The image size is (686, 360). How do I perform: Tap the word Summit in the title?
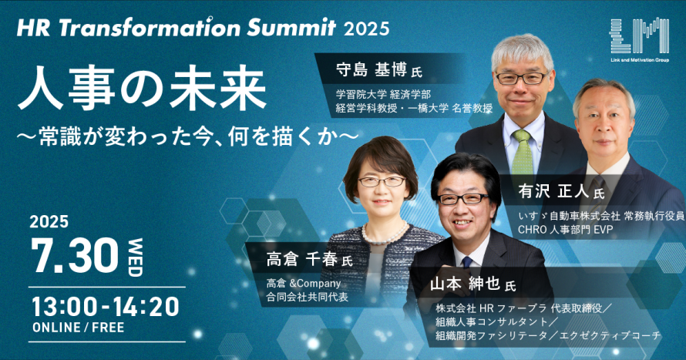(x=291, y=29)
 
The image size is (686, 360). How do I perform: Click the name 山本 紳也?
(x=466, y=284)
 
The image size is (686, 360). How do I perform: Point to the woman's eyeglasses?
(x=381, y=182)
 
